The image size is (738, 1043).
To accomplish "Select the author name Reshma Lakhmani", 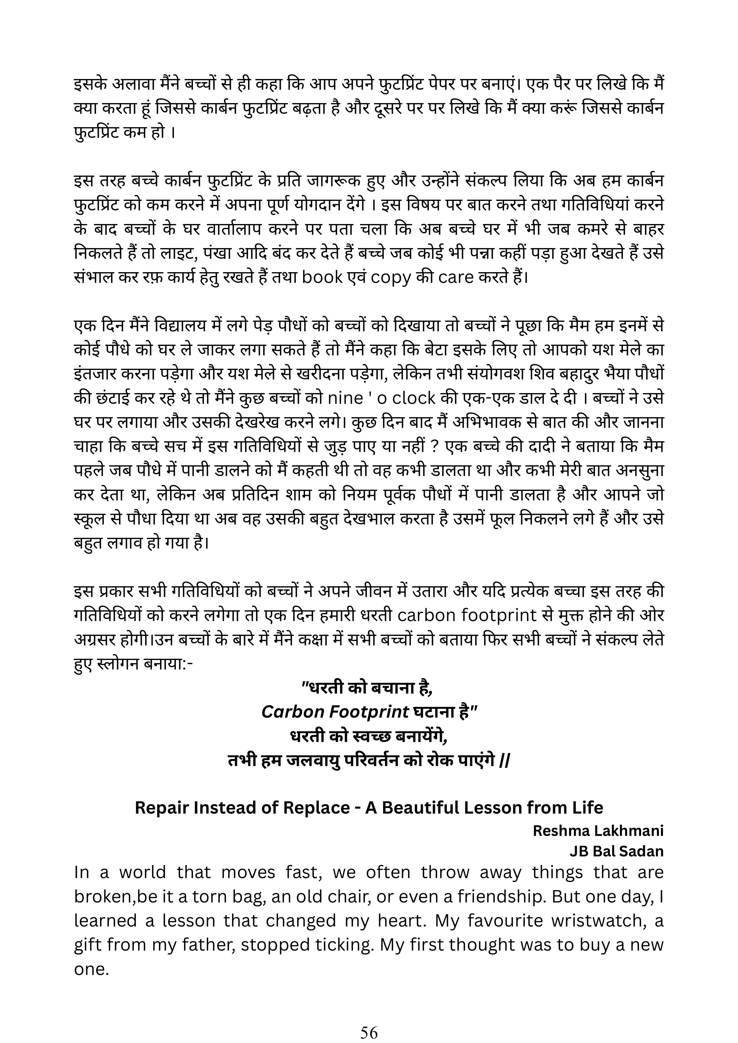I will [x=598, y=831].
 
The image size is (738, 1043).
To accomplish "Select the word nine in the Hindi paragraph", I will [x=346, y=398].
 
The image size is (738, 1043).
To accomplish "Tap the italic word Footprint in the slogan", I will [x=368, y=712].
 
